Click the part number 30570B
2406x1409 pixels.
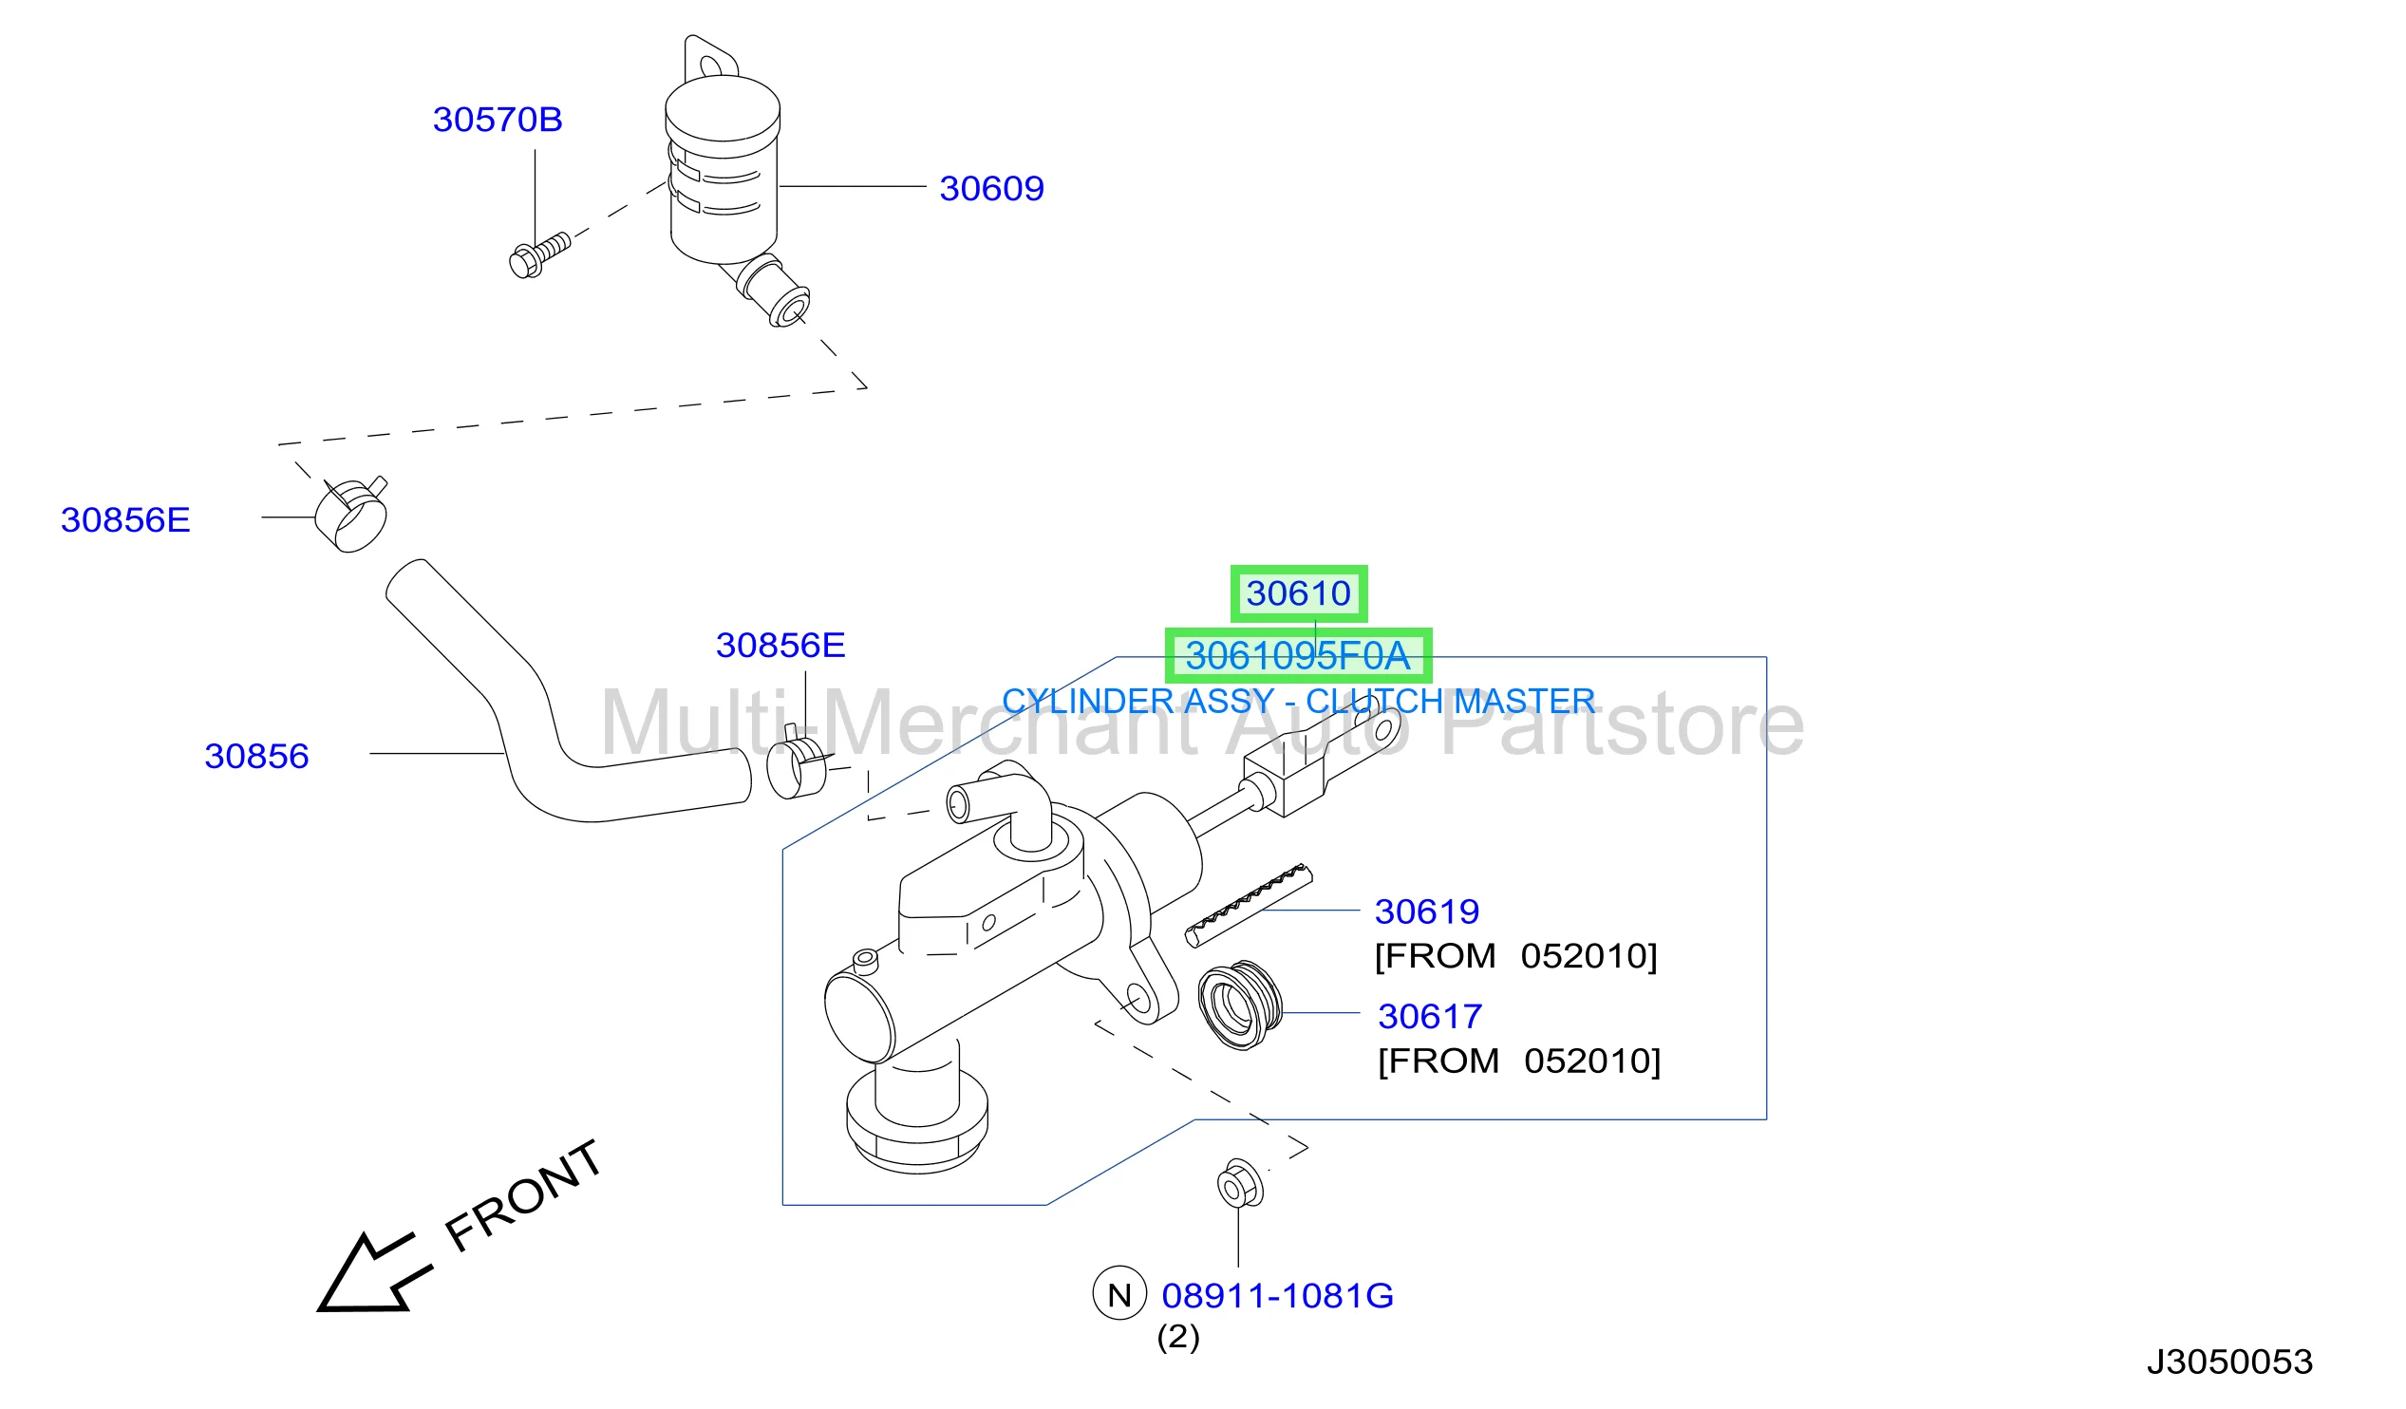498,121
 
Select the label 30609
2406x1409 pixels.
992,189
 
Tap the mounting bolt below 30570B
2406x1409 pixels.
540,254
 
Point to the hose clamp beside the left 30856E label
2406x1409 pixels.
351,516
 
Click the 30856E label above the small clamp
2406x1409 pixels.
781,647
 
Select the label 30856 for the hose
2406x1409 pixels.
256,757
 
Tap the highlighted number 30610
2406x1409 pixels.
1299,593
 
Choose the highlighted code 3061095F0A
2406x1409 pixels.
1298,657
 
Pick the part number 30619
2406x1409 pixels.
1427,912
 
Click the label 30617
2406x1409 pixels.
1430,1018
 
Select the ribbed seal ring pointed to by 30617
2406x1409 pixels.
1240,1006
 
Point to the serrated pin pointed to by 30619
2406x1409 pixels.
1249,905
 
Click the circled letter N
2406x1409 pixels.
1120,1293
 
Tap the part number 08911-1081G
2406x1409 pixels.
1277,1296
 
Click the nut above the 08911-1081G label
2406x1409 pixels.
1240,1185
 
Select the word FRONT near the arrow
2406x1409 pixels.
523,1195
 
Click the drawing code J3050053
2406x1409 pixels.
2230,1362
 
